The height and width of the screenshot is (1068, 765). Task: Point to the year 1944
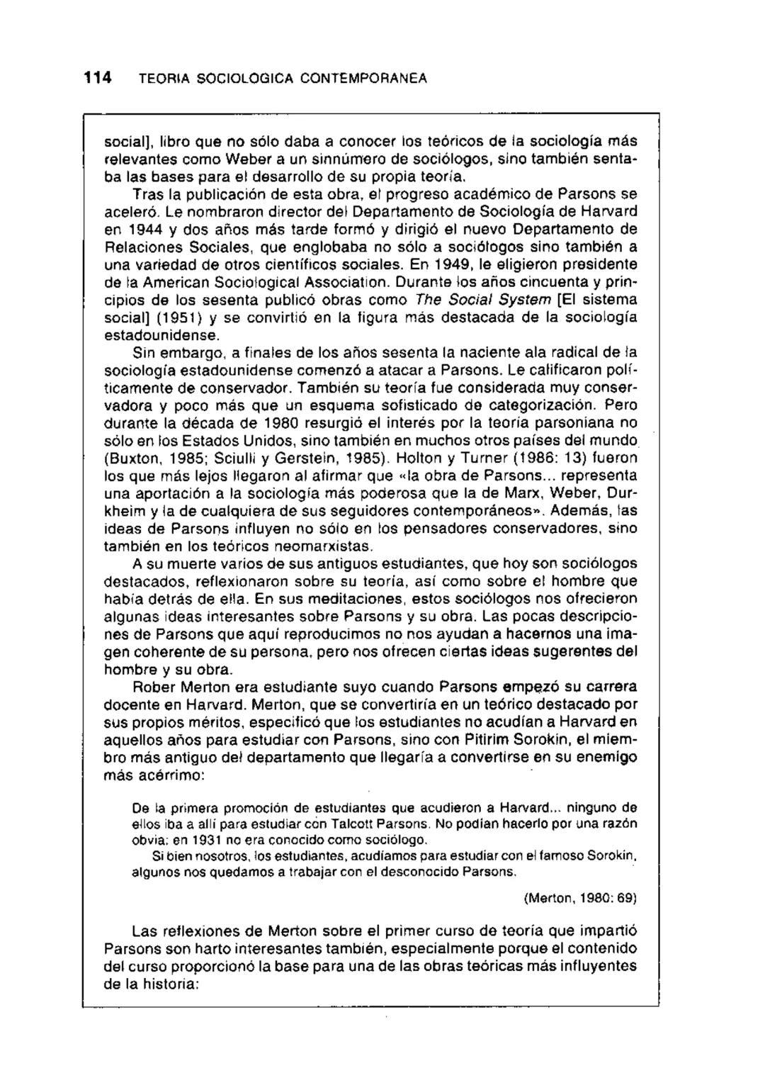point(149,229)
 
